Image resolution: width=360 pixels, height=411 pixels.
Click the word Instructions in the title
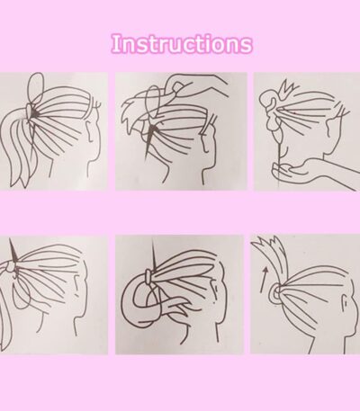point(182,44)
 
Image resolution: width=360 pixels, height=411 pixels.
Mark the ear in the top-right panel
point(330,126)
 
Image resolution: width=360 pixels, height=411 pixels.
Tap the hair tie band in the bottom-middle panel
point(148,276)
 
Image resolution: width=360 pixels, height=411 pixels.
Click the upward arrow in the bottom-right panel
point(264,280)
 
